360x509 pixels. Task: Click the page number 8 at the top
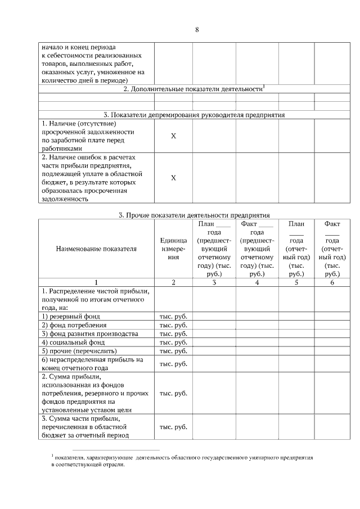click(197, 29)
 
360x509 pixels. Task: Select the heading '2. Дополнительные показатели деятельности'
click(193, 89)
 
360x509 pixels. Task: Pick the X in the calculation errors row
click(173, 178)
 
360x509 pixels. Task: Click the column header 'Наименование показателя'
click(96, 249)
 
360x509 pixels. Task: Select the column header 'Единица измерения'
click(173, 249)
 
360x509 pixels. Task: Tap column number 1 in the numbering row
click(96, 282)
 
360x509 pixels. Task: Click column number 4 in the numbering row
click(257, 282)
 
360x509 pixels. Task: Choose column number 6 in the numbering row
click(332, 282)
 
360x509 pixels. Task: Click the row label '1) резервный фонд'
click(71, 317)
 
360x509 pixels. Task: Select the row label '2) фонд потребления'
click(74, 325)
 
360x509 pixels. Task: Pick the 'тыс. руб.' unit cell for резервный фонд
click(173, 317)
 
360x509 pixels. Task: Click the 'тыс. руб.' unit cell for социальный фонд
click(173, 342)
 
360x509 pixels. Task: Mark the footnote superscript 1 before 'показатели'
click(52, 456)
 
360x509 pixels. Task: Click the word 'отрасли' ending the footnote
click(114, 466)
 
